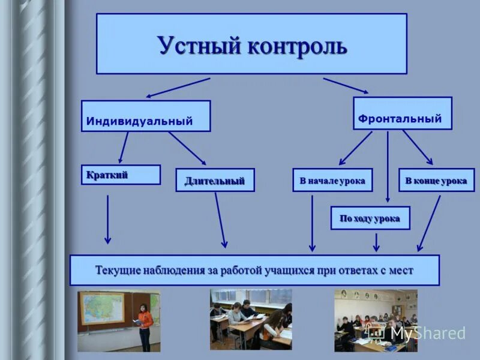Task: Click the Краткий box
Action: (121, 175)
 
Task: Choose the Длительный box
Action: (215, 180)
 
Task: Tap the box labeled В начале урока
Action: (332, 180)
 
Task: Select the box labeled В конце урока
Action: (436, 180)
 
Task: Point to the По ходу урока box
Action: (370, 218)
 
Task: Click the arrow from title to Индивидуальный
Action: (178, 87)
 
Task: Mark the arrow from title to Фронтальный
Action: (346, 85)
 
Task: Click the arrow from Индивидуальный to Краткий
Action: (124, 147)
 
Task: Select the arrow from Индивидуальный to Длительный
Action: (187, 148)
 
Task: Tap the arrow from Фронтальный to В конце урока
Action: (417, 147)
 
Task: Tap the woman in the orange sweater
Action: (145, 326)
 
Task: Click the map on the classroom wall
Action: (101, 307)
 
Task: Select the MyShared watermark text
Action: (428, 333)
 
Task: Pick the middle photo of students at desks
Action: (251, 319)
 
